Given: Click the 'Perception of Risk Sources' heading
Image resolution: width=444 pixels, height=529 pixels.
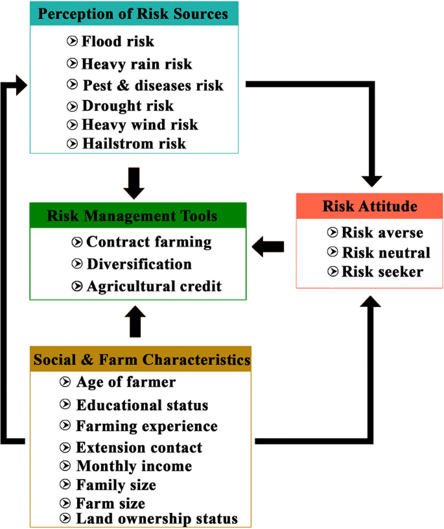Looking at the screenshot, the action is click(x=133, y=14).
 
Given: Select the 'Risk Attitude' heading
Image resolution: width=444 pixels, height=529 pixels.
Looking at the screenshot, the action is click(x=369, y=206).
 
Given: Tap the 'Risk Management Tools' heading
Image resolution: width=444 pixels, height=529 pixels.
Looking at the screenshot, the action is click(x=132, y=216).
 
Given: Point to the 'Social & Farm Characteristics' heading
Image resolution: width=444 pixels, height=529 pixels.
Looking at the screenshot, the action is click(x=142, y=360).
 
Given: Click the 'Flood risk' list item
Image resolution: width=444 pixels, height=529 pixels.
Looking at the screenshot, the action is click(x=117, y=42).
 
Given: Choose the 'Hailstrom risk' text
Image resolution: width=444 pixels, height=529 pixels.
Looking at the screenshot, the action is click(x=134, y=143).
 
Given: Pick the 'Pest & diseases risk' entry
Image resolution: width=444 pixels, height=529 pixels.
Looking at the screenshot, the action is click(x=153, y=86).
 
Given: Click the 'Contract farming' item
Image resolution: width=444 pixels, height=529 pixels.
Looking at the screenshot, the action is click(x=149, y=242).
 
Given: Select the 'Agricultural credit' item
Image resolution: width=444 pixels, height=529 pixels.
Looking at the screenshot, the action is click(x=154, y=286).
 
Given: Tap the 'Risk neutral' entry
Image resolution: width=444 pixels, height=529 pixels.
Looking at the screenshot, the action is click(x=386, y=252).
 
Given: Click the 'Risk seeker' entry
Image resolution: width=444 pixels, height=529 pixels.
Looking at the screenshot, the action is click(x=382, y=272).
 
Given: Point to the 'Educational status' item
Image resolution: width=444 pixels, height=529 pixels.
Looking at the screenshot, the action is click(x=142, y=405).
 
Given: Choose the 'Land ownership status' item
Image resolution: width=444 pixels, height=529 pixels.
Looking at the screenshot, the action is click(x=157, y=519).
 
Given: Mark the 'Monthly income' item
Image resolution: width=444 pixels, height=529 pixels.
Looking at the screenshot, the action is click(x=134, y=467).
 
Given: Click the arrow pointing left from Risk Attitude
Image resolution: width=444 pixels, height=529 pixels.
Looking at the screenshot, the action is click(x=268, y=247).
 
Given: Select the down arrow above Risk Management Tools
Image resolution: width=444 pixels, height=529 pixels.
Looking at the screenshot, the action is click(x=134, y=183).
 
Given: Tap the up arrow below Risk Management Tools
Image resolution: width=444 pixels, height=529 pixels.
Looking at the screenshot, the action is click(x=135, y=321).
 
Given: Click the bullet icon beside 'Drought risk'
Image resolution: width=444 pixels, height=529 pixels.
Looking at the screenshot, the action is click(x=72, y=106).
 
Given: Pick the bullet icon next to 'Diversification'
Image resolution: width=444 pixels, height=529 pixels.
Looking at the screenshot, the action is click(x=76, y=264).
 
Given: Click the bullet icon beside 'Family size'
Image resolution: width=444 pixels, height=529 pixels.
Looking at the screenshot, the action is click(x=65, y=484).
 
